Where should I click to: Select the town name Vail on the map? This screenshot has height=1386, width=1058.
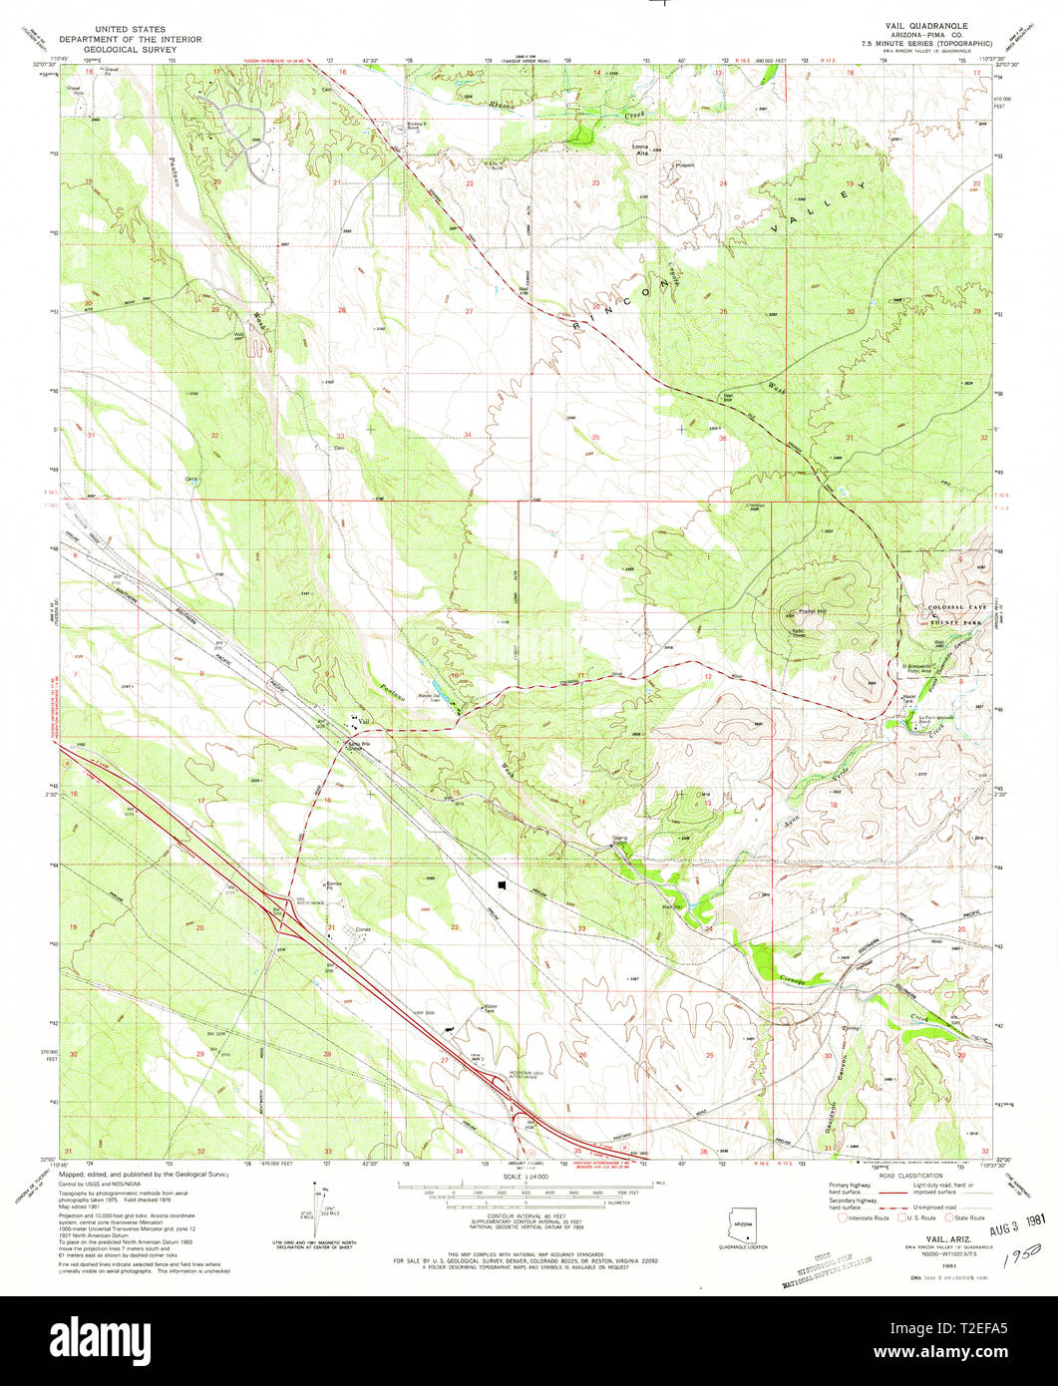tap(364, 721)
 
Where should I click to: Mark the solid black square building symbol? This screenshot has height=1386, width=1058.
tap(503, 883)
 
